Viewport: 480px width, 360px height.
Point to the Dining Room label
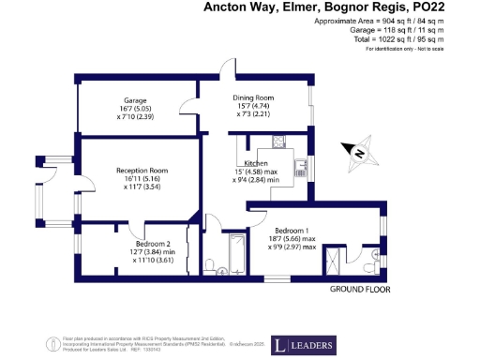[252, 97]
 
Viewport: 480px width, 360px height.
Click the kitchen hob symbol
[278, 142]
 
